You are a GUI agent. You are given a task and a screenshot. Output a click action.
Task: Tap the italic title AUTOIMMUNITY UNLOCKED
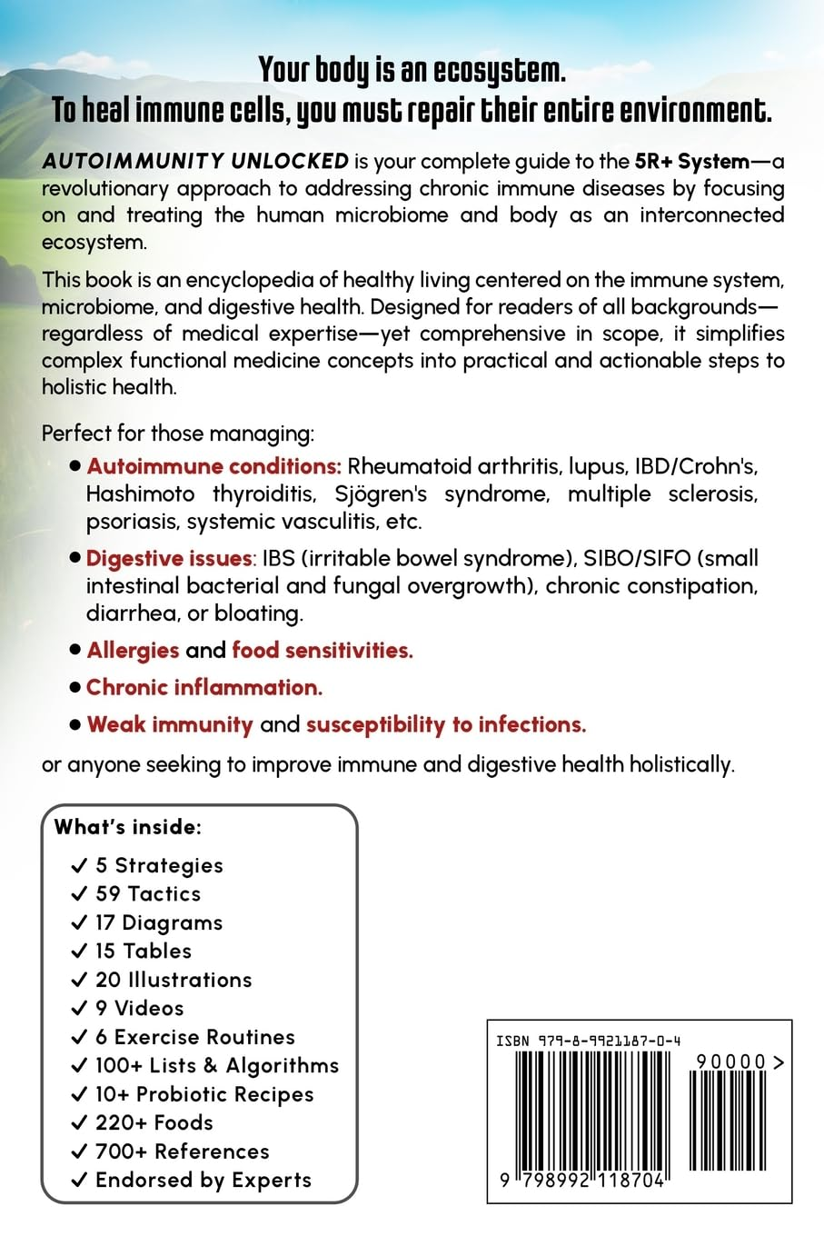(x=195, y=162)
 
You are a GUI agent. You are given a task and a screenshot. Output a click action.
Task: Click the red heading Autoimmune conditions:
(x=213, y=466)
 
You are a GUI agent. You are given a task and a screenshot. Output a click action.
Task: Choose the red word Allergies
(x=133, y=651)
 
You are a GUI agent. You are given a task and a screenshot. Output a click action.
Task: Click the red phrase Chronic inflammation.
(x=204, y=688)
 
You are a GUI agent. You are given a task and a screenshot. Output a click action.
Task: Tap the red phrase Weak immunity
(x=170, y=724)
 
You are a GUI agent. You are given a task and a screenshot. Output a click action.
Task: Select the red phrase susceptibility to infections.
(x=445, y=724)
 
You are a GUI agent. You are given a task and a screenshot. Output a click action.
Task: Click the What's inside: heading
(x=128, y=827)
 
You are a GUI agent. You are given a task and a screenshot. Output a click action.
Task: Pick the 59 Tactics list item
(x=148, y=893)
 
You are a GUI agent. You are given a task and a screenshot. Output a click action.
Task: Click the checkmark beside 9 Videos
(x=80, y=1009)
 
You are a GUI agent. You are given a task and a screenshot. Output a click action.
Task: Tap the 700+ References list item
(x=182, y=1151)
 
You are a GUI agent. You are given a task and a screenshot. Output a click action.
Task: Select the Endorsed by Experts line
(x=204, y=1181)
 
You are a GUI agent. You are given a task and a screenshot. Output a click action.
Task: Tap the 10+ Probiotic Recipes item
(x=204, y=1094)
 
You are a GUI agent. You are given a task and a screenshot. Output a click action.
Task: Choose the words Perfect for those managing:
(x=178, y=433)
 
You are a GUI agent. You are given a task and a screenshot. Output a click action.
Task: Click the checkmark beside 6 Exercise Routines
(x=80, y=1038)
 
